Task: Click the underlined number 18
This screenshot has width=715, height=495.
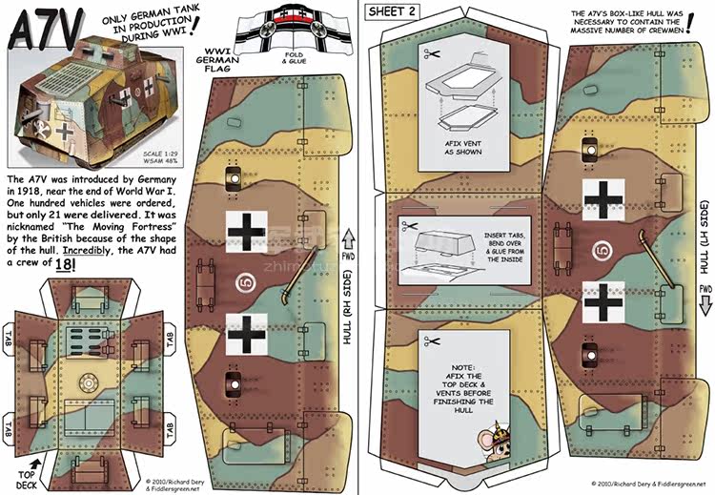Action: pyautogui.click(x=62, y=263)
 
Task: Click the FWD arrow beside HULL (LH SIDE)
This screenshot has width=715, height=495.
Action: pyautogui.click(x=705, y=301)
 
